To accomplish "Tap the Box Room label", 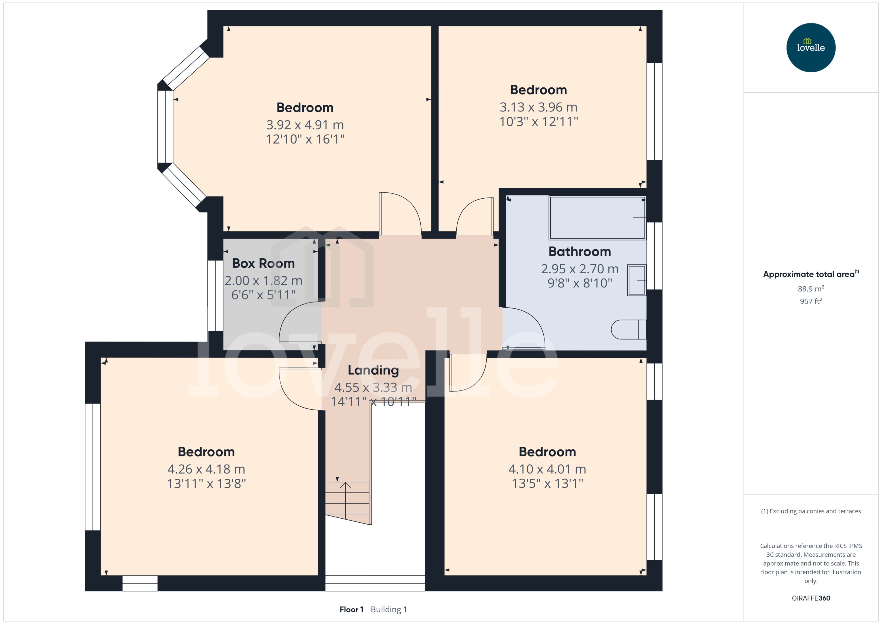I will click(x=263, y=264).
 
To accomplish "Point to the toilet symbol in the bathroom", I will click(x=628, y=330).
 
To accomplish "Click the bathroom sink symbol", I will click(x=636, y=280).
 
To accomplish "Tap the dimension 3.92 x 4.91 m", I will click(x=305, y=125).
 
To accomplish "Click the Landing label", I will click(x=373, y=370).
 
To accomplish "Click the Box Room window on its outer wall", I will click(x=215, y=295).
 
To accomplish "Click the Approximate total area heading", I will click(x=809, y=274).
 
